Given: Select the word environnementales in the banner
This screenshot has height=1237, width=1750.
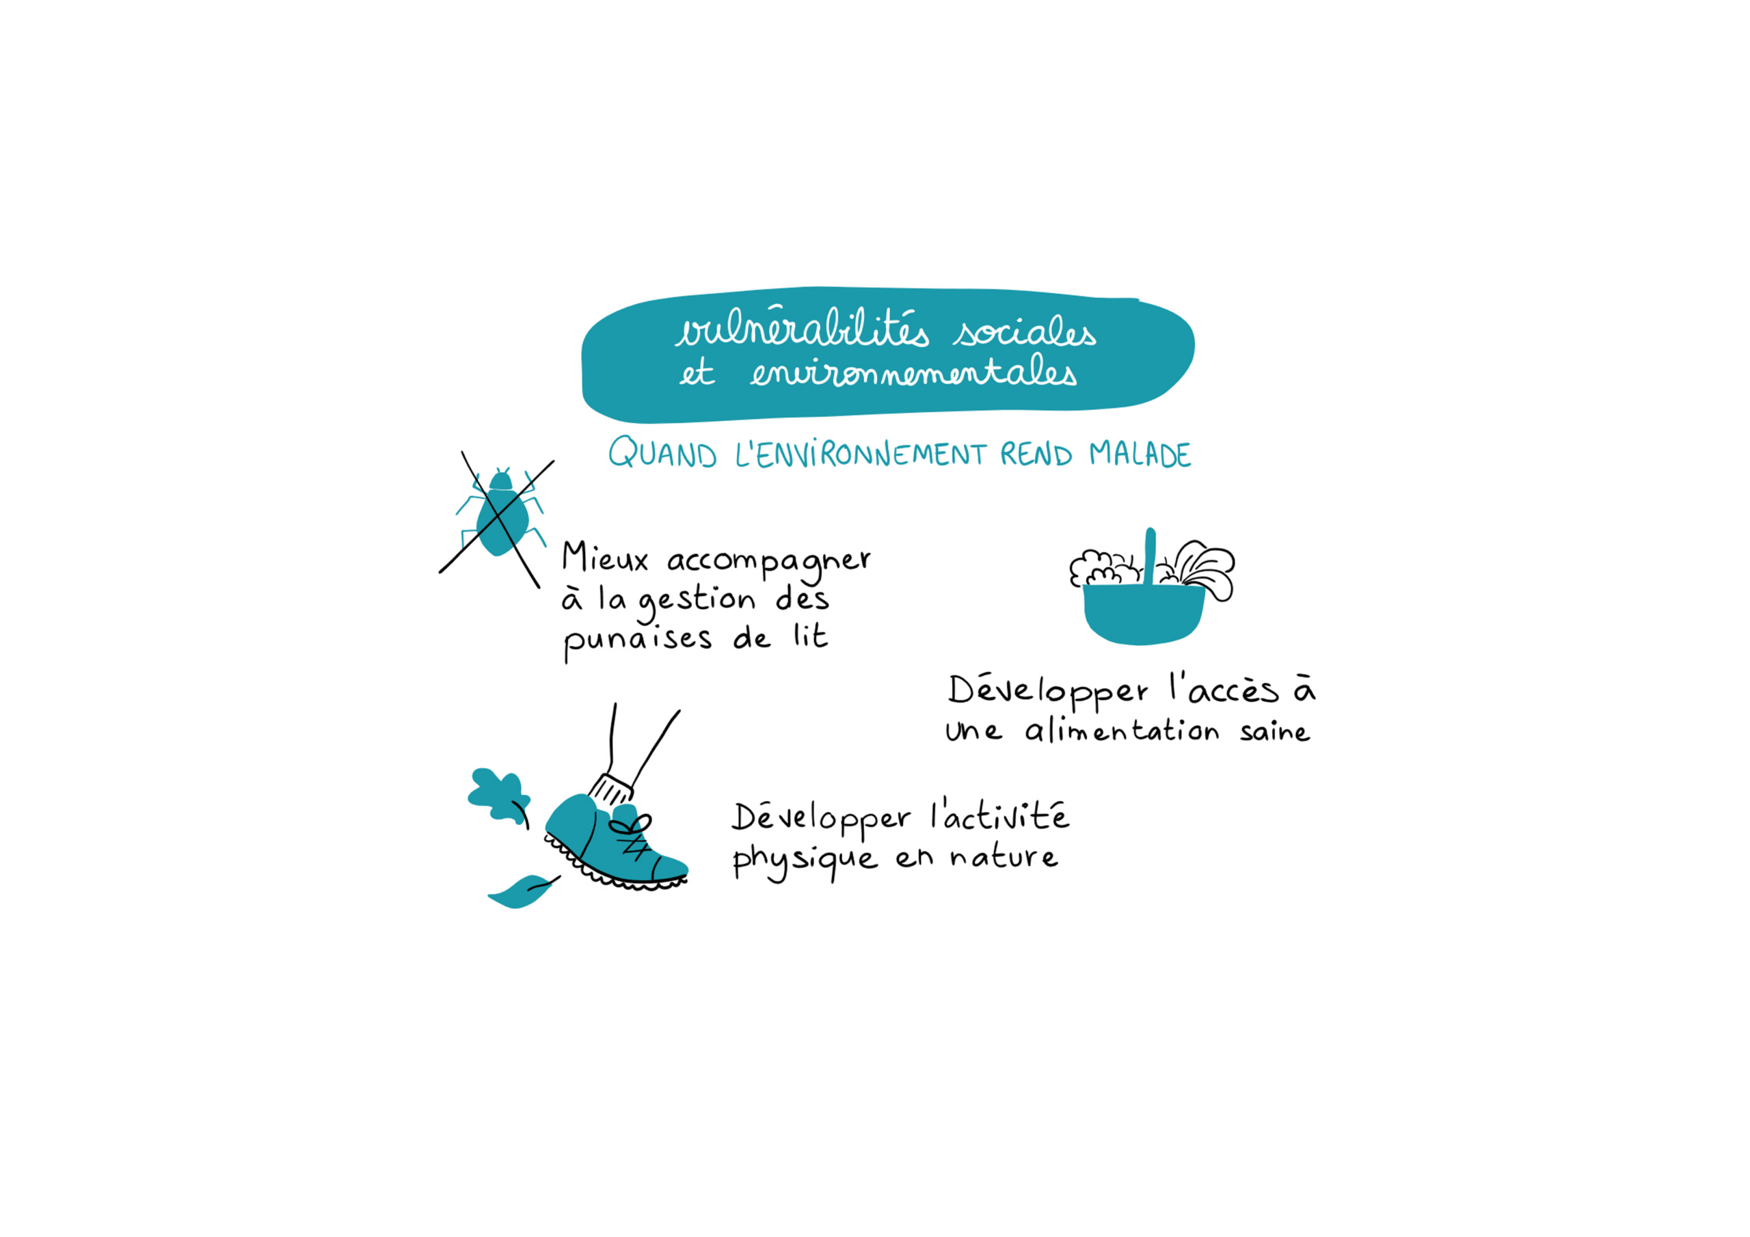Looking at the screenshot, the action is tap(913, 372).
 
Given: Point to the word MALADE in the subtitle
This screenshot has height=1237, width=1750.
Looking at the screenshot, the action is tap(1140, 454).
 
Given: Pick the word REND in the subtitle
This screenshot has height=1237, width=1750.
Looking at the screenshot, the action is tap(1036, 454).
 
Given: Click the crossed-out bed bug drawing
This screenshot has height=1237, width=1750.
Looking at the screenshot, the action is tap(497, 520).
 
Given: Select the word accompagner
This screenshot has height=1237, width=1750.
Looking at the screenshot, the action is tap(768, 563).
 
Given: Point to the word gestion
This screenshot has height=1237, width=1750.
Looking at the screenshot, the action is tap(697, 602).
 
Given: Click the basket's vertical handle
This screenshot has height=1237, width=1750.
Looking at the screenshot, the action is tap(1149, 557).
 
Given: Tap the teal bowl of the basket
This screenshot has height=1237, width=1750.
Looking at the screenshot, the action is tap(1143, 614).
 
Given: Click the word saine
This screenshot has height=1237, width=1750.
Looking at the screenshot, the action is tap(1274, 732).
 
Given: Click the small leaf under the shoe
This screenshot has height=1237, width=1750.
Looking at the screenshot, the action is tap(522, 891).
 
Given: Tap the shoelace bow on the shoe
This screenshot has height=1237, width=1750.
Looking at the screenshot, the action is tap(631, 826).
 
